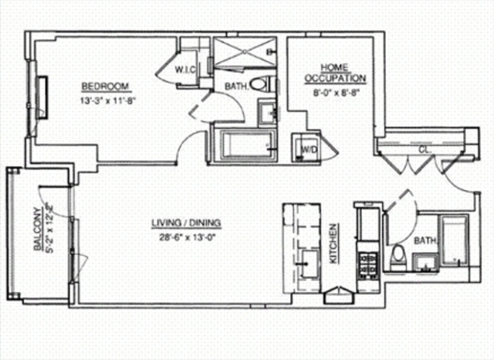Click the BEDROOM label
tap(105, 86)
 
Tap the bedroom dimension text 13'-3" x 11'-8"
tap(106, 100)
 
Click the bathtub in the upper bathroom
tap(242, 144)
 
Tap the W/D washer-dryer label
tap(306, 148)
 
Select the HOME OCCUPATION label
tap(334, 73)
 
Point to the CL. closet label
tap(424, 150)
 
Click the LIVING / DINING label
tap(186, 224)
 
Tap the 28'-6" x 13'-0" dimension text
tap(186, 238)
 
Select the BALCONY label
tap(36, 231)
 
